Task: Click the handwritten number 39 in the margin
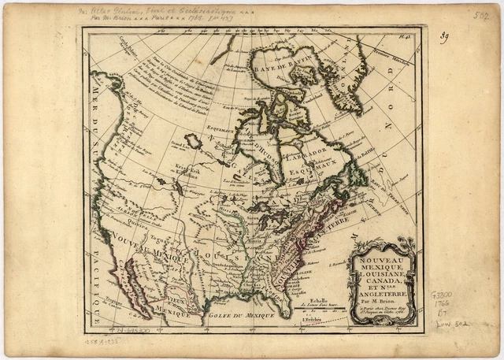coord(445,38)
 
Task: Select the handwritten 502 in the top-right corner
coord(481,14)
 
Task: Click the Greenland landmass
coord(346,79)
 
